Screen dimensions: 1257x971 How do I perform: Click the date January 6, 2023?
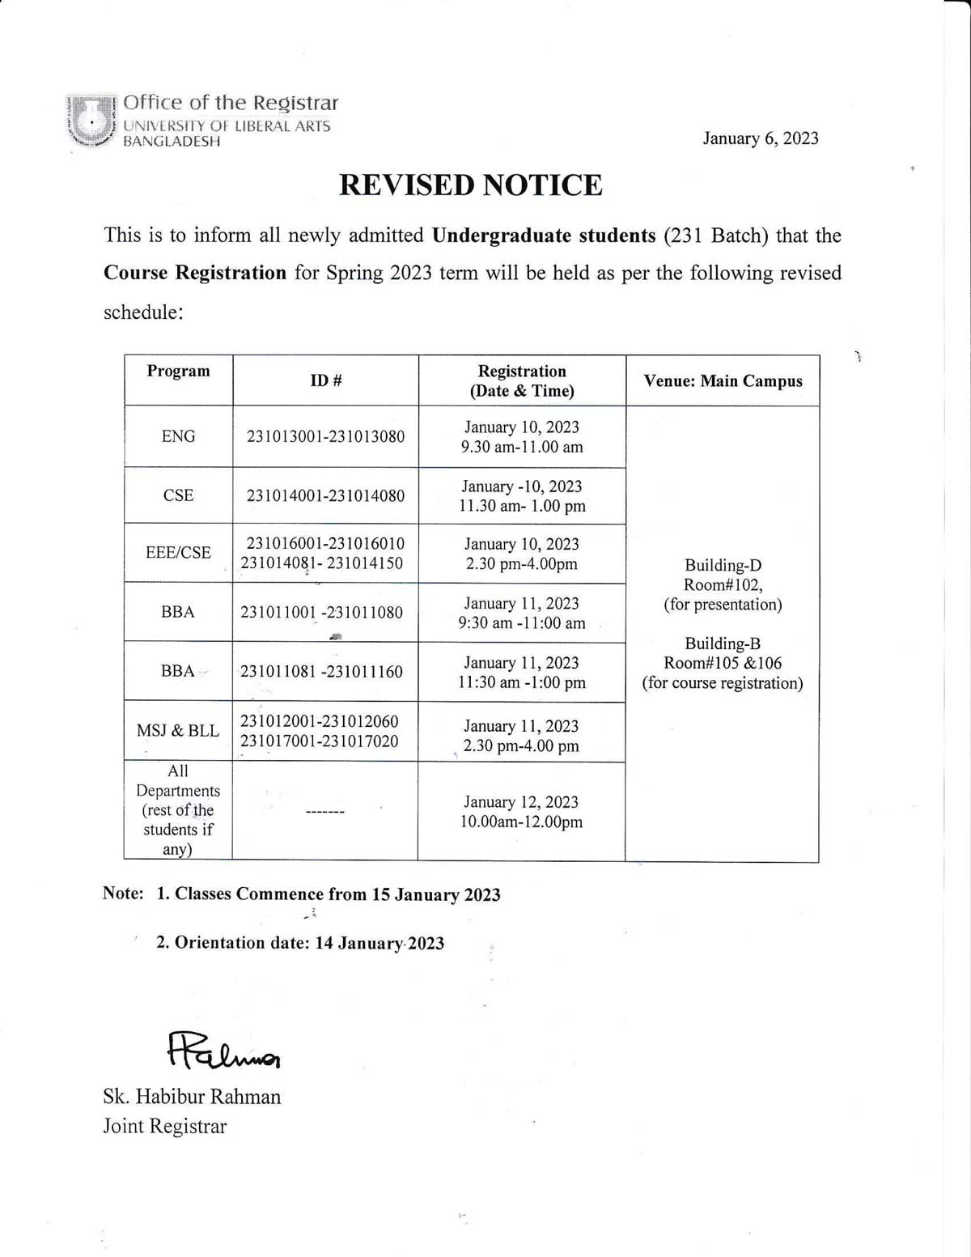click(760, 138)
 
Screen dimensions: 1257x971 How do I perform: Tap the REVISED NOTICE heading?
click(470, 185)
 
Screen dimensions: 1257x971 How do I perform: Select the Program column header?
click(178, 372)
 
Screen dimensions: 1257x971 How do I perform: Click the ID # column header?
click(325, 380)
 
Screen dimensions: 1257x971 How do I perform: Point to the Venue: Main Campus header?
click(723, 381)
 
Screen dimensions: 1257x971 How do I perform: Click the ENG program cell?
click(178, 436)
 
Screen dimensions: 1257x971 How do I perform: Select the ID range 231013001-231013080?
click(325, 437)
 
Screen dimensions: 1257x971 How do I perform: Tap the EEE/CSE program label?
click(178, 553)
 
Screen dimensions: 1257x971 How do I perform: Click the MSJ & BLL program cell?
click(178, 731)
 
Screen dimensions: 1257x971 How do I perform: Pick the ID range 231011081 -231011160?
click(321, 672)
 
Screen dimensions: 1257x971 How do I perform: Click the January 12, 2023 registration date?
click(521, 802)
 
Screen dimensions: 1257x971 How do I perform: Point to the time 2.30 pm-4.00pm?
click(521, 564)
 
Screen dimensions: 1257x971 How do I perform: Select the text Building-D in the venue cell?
click(723, 566)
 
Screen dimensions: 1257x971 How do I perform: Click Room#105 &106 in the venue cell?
click(723, 664)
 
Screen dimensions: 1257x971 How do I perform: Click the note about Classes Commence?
click(328, 894)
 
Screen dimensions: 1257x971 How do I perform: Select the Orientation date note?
click(299, 943)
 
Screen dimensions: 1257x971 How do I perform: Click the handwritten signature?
click(223, 1051)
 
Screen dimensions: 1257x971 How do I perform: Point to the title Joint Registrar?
click(164, 1127)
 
